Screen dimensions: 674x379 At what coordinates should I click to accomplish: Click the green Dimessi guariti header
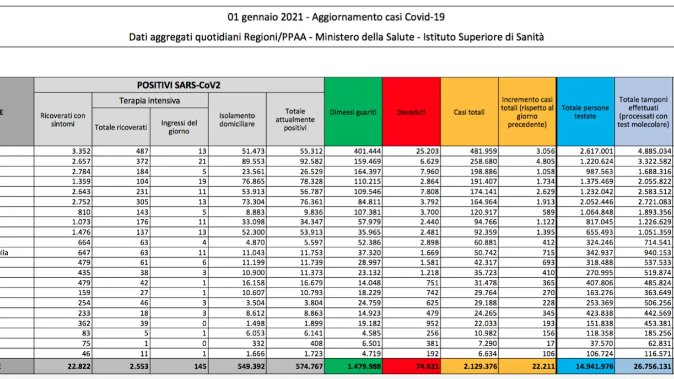[353, 112]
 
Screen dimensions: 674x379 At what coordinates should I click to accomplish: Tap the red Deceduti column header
[411, 112]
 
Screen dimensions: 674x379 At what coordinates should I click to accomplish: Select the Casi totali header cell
[469, 112]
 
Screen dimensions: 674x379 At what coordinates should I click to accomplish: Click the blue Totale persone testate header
[585, 112]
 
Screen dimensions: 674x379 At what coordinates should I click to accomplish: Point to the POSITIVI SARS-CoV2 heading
[179, 85]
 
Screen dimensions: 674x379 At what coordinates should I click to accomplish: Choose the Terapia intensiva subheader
[149, 100]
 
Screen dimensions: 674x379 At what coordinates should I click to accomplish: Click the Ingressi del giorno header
[179, 127]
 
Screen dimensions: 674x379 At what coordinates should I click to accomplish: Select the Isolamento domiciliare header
[237, 120]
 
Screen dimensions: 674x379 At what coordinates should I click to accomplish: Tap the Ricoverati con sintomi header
[63, 120]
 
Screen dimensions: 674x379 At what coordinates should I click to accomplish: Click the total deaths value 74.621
[427, 366]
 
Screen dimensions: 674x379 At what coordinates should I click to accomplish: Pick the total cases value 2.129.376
[480, 366]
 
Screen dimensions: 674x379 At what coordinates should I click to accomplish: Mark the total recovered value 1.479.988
[364, 366]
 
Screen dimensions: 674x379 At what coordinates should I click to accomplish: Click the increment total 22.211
[543, 366]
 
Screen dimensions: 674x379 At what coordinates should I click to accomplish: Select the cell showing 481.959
[483, 151]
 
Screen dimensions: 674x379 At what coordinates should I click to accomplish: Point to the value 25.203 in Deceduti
[428, 151]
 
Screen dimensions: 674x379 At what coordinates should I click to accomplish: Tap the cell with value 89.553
[254, 161]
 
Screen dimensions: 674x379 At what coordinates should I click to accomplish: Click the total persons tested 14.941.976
[594, 366]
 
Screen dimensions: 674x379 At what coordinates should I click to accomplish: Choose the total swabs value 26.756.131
[653, 366]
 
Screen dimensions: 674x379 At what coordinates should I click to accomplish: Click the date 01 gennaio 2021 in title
[265, 17]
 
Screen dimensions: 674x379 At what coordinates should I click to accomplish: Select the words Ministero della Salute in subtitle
[364, 37]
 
